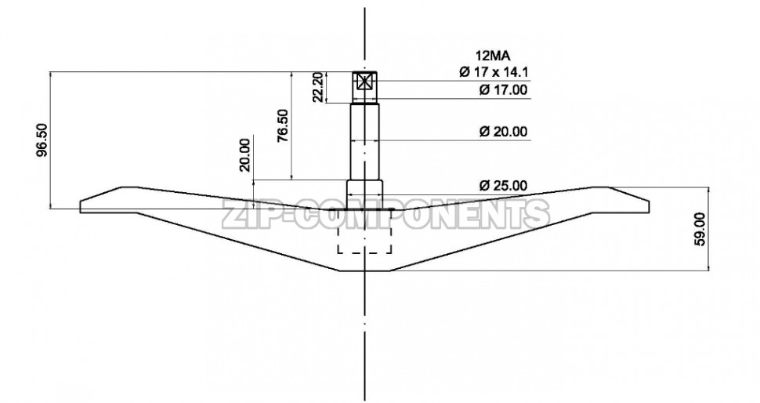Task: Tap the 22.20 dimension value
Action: pyautogui.click(x=317, y=87)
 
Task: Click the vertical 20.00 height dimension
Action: pyautogui.click(x=245, y=154)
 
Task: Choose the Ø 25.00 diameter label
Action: pyautogui.click(x=503, y=186)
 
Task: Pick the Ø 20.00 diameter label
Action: pyautogui.click(x=503, y=131)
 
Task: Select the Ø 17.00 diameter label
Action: pyautogui.click(x=503, y=90)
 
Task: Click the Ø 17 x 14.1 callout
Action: pyautogui.click(x=494, y=72)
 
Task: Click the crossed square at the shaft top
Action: pyautogui.click(x=365, y=82)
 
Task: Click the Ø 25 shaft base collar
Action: pyautogui.click(x=365, y=191)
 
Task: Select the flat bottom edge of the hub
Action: pyautogui.click(x=365, y=270)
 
